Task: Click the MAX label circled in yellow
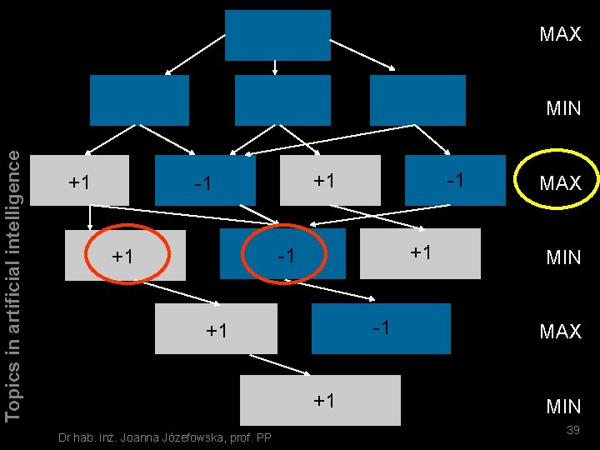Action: (x=560, y=183)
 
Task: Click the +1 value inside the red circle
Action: (x=122, y=256)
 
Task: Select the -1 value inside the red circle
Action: (x=287, y=255)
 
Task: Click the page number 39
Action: (x=572, y=429)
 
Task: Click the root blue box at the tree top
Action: (x=277, y=35)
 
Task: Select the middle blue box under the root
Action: (x=282, y=100)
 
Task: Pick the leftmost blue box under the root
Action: (x=139, y=100)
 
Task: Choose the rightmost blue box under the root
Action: (x=417, y=100)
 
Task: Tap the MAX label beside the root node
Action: (x=560, y=35)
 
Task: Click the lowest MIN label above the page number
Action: (x=562, y=407)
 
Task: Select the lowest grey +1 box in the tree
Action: (x=320, y=400)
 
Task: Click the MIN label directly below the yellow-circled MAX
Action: (x=563, y=257)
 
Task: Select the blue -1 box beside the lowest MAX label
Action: (x=380, y=327)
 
